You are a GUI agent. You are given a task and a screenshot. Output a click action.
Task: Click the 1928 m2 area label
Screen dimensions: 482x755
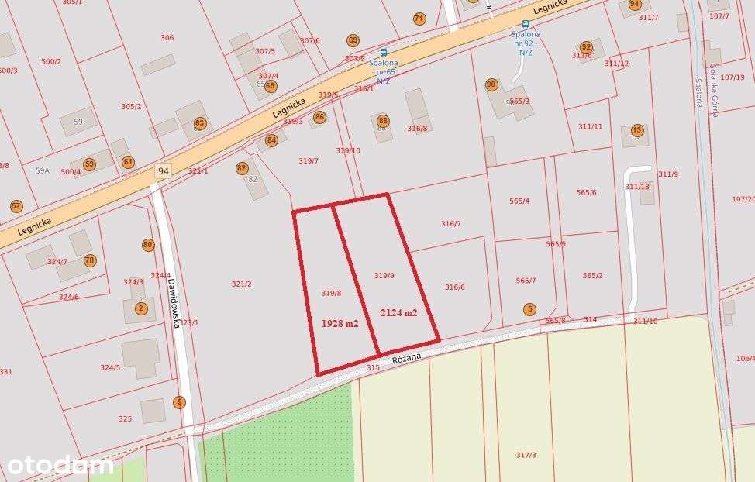[340, 323]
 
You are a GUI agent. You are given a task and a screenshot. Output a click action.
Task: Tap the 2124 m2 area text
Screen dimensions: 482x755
[398, 312]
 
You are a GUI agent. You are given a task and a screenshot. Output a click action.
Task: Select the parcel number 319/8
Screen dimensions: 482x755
[331, 293]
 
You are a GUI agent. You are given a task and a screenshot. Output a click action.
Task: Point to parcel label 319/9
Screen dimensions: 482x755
[384, 275]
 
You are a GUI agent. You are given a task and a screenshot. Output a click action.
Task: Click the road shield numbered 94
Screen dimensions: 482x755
[163, 170]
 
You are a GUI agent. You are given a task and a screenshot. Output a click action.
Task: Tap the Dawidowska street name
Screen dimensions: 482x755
[175, 303]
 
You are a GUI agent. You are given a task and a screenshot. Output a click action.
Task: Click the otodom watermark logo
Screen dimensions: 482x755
[60, 465]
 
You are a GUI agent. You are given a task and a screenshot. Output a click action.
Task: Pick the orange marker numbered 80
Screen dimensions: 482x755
[148, 245]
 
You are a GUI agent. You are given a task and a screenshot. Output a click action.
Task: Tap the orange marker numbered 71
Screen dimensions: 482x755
[419, 19]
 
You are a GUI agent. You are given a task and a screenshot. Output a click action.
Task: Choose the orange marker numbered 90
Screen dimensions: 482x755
[491, 84]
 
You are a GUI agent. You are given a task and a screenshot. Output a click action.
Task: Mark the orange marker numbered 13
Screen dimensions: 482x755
[637, 129]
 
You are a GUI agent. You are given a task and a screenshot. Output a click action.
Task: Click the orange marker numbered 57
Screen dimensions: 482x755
[16, 206]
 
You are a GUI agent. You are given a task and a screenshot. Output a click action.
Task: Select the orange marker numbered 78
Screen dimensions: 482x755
[89, 260]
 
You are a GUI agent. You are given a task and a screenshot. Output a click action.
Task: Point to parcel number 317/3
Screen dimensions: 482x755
[526, 455]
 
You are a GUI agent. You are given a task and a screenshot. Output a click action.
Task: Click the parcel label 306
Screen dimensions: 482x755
[167, 38]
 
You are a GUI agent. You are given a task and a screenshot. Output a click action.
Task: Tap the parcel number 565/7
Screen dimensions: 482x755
[526, 281]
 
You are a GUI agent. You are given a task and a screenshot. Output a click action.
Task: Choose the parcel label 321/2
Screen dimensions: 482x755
[241, 284]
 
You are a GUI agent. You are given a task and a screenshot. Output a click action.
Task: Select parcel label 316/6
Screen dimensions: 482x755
[454, 287]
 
